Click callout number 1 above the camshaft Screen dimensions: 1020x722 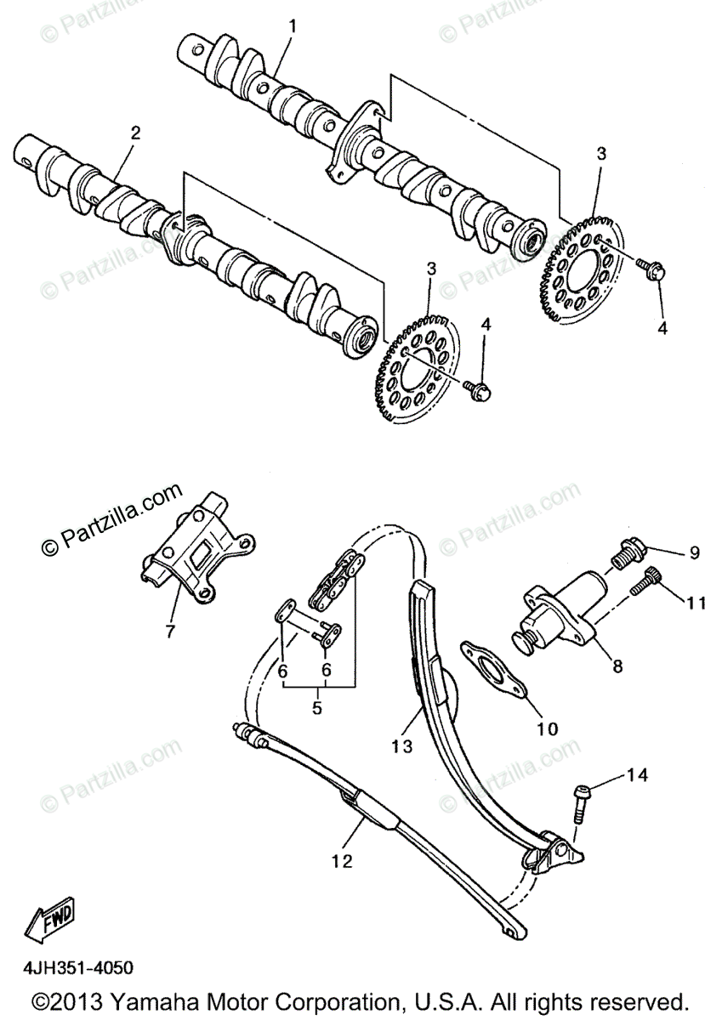293,26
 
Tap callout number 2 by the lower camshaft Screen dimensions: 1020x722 135,133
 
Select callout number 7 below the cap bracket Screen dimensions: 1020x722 169,631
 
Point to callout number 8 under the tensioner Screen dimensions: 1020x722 617,667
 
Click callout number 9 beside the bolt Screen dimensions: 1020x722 694,552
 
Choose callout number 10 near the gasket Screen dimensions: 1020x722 547,728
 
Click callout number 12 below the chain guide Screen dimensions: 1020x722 342,861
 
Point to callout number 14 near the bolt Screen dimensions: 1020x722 638,774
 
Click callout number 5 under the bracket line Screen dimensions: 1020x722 317,706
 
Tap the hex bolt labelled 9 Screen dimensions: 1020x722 628,553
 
